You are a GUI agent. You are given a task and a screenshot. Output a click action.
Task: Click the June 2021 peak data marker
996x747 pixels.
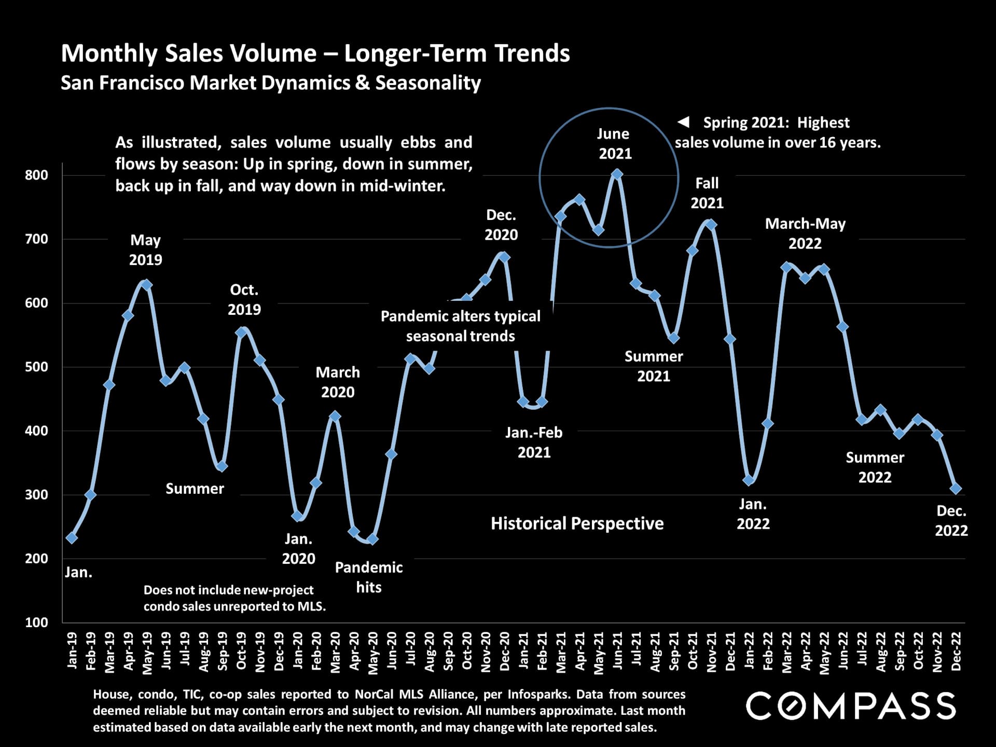(617, 174)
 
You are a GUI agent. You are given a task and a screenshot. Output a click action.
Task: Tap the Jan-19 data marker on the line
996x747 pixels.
(72, 538)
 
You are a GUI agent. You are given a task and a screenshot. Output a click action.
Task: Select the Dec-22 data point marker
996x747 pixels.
(956, 489)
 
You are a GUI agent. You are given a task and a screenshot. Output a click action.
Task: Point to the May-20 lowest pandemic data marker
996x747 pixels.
(372, 539)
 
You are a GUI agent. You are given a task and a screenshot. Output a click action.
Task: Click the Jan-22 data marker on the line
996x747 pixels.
(749, 480)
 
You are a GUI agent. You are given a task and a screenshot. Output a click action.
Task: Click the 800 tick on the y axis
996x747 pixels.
(36, 175)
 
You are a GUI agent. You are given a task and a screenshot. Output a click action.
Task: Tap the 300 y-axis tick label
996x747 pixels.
(36, 495)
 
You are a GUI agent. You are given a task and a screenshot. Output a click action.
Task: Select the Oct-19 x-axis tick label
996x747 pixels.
(241, 651)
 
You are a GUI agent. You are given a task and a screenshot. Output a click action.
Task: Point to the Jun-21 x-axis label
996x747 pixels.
(617, 651)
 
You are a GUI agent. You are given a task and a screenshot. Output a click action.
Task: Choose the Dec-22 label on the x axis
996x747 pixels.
(956, 651)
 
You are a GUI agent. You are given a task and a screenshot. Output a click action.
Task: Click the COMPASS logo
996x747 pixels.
(851, 706)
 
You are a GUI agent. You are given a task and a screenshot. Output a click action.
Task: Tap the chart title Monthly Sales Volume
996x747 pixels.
(315, 53)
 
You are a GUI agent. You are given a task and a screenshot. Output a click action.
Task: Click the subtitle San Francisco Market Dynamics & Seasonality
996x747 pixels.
(271, 83)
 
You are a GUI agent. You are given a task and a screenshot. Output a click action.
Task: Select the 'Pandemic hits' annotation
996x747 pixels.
(369, 577)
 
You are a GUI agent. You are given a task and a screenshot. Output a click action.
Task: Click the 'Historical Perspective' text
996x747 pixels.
(577, 523)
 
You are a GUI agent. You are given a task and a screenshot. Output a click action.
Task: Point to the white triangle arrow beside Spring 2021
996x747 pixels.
(684, 122)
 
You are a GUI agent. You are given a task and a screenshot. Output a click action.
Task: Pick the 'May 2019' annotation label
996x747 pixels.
(146, 250)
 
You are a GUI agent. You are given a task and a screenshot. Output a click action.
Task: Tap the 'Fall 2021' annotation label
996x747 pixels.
(707, 193)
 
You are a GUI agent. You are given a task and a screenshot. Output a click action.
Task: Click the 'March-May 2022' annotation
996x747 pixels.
(805, 233)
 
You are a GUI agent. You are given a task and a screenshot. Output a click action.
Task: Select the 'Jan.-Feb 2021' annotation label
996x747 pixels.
(534, 442)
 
